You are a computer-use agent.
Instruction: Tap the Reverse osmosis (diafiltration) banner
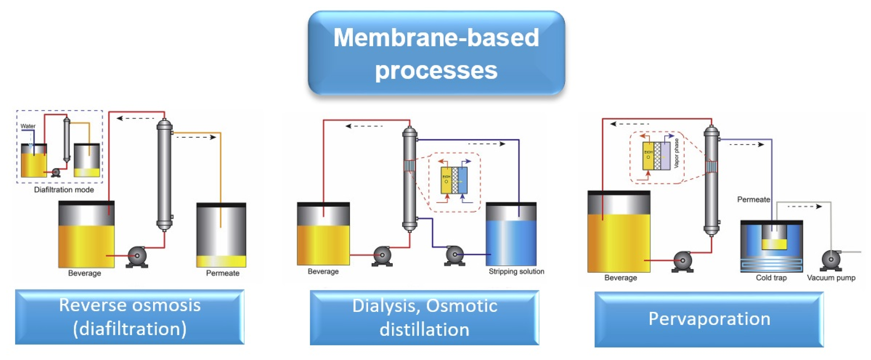point(130,317)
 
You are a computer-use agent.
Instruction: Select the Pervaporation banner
point(709,319)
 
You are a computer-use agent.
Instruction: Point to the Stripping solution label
point(516,271)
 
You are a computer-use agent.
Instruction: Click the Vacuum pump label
point(831,278)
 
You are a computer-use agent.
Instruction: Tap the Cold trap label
point(771,278)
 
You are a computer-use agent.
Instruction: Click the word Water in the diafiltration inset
point(28,126)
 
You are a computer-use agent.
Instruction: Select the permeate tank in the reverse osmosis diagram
point(221,235)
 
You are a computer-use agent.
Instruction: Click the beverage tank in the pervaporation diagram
point(618,233)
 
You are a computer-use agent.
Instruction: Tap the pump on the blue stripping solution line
point(455,255)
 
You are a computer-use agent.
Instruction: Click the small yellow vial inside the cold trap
point(774,243)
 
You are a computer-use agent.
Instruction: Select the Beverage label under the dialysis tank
point(323,271)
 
